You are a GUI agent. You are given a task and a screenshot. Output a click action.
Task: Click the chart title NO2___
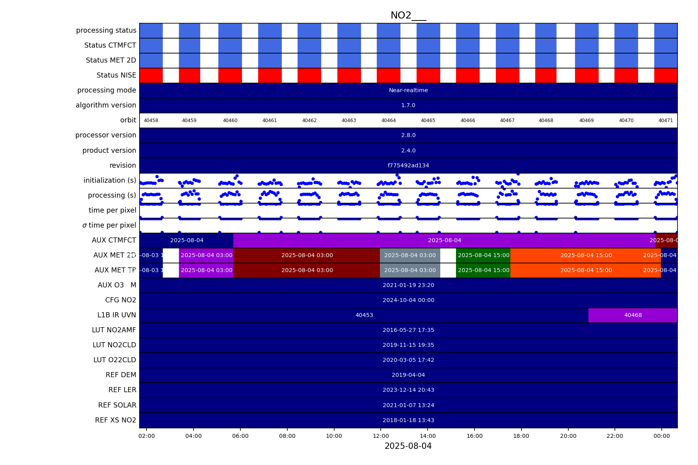point(408,15)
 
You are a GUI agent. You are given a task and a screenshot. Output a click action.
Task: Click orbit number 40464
point(389,120)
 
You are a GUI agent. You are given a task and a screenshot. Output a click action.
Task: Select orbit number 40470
point(626,120)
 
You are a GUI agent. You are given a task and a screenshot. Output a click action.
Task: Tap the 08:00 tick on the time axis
point(287,436)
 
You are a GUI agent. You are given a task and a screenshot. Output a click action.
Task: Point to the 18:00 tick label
point(521,436)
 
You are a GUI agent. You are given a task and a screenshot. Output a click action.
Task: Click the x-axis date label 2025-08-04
point(408,446)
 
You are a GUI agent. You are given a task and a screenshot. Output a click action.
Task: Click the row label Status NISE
point(116,75)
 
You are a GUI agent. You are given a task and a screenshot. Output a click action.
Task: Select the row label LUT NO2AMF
point(114,330)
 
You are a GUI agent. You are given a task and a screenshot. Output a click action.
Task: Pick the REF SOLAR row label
point(117,405)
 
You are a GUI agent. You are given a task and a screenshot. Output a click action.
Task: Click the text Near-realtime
point(408,90)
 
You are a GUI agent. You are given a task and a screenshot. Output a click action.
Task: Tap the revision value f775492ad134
point(408,165)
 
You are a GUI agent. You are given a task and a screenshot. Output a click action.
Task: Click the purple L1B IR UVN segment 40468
point(633,315)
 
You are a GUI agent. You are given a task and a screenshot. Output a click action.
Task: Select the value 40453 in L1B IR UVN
point(364,315)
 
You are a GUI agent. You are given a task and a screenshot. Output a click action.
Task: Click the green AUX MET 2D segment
point(484,255)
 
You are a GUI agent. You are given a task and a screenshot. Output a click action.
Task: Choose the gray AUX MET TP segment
point(410,270)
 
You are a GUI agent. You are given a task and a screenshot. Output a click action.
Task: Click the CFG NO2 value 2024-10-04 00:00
point(408,300)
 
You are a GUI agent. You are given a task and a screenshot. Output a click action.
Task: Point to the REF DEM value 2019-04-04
point(408,375)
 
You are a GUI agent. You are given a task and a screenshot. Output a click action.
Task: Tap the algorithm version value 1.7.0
point(408,105)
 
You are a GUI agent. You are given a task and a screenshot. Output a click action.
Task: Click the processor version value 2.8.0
point(408,135)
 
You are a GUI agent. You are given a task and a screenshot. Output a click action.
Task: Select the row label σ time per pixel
point(109,225)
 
